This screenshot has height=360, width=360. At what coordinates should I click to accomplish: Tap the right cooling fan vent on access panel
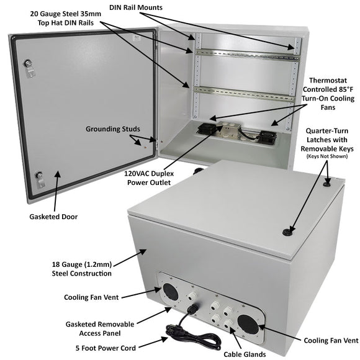click(x=243, y=323)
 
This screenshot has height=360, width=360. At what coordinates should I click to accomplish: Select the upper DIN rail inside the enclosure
click(x=245, y=53)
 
